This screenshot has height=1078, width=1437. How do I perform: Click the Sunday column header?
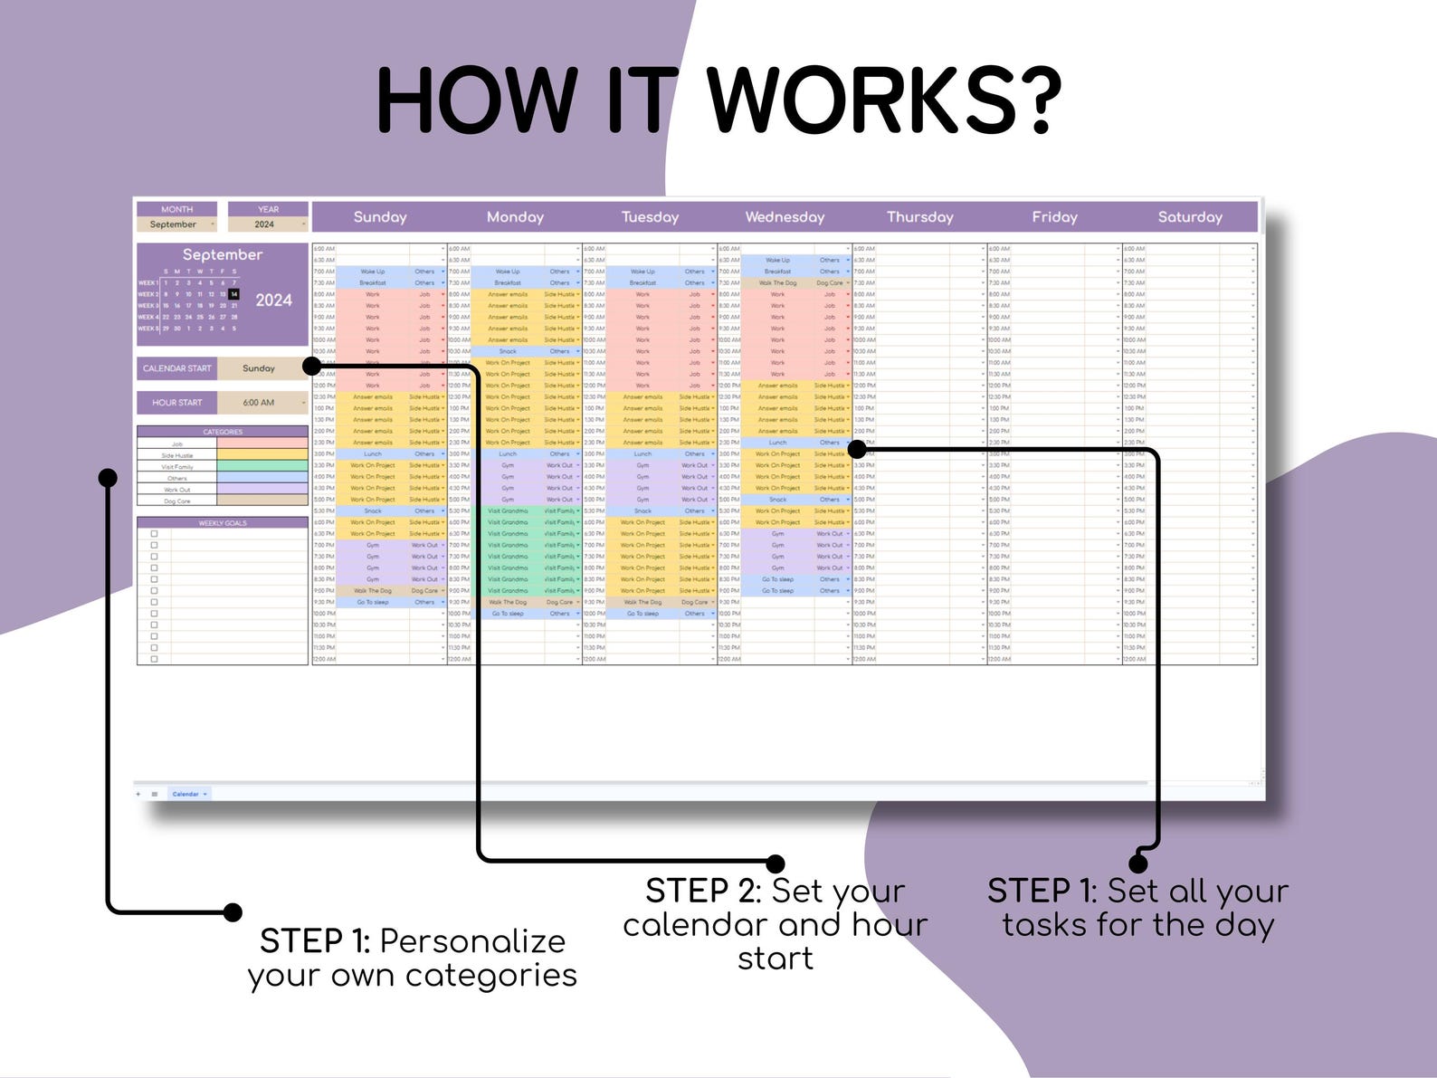(x=380, y=217)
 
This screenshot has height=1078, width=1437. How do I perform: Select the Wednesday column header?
(x=785, y=217)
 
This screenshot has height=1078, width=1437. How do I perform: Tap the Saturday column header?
(x=1190, y=217)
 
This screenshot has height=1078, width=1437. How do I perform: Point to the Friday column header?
(x=1054, y=217)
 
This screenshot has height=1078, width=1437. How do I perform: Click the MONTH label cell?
(x=177, y=209)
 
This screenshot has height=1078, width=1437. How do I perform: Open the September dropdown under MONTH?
(x=177, y=224)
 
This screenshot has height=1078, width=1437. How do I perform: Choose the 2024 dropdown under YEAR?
(x=267, y=224)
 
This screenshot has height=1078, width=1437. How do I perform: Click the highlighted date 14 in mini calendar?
(x=234, y=294)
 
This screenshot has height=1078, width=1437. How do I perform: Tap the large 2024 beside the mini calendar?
(x=273, y=301)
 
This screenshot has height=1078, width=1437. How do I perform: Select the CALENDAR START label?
(x=177, y=368)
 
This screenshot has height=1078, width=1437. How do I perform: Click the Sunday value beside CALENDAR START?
(x=260, y=368)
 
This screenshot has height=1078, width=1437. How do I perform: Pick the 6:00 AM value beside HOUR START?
(x=260, y=403)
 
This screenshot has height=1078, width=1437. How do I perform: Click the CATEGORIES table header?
(x=223, y=432)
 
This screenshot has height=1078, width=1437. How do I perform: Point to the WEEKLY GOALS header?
(x=223, y=523)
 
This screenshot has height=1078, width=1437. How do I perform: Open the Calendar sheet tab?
(x=186, y=794)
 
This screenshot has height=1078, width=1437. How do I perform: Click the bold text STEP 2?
(x=704, y=892)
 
